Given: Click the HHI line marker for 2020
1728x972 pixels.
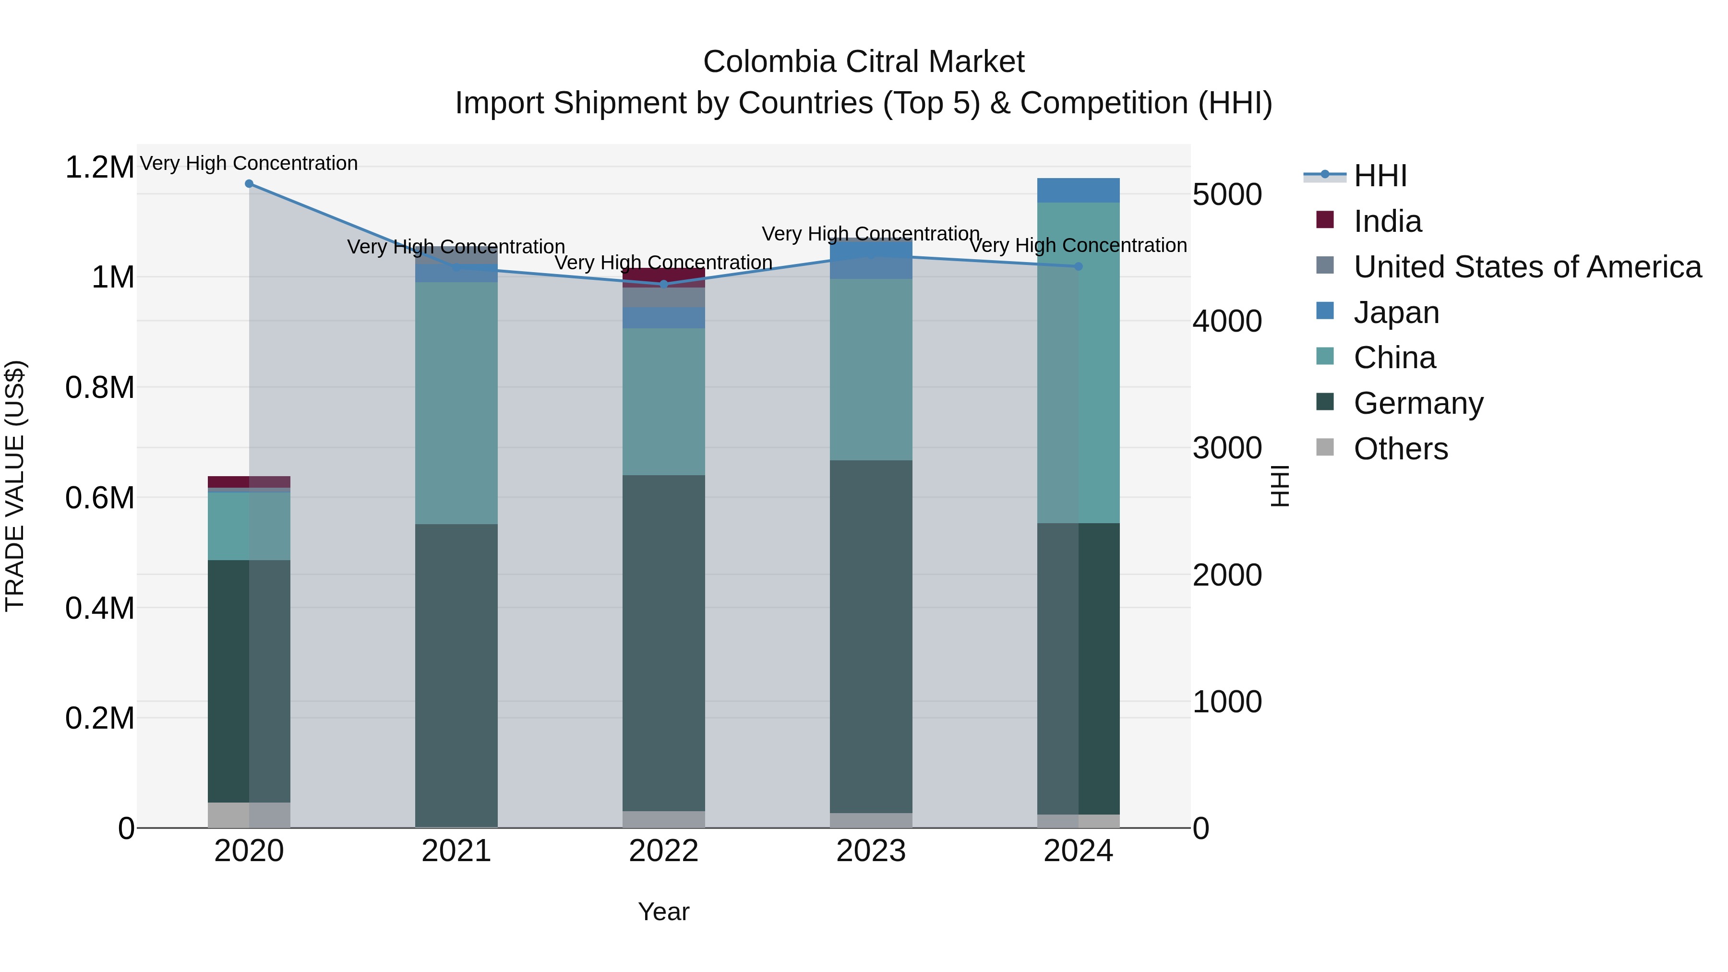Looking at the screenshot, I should coord(249,184).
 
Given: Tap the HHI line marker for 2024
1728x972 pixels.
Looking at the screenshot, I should coord(1079,266).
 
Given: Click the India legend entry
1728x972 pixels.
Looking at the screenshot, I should coord(1387,221).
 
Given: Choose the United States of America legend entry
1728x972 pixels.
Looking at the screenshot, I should coord(1527,267).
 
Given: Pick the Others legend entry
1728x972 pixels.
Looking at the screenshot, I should coord(1401,449).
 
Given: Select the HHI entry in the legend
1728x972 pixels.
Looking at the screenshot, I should coord(1380,176).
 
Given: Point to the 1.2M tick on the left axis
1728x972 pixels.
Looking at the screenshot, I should coord(99,167).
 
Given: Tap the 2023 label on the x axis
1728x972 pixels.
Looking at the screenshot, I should coord(871,851).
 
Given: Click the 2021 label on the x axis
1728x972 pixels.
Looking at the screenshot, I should coord(456,851).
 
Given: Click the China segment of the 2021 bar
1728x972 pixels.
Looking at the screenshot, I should coord(456,403).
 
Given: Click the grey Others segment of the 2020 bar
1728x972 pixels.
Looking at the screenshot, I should coord(249,815).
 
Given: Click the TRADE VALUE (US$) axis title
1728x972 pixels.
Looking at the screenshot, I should coord(15,486).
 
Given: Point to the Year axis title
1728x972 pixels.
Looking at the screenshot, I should coord(663,912).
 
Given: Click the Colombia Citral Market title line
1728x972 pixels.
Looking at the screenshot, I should coord(864,62).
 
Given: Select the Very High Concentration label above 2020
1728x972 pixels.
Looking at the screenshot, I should coord(249,163).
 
